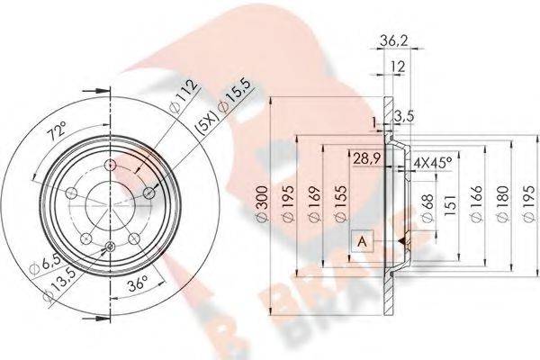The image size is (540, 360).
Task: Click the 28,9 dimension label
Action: point(364,158)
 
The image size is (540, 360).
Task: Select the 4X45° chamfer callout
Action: point(432,163)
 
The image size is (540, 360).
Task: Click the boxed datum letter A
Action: point(361,240)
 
